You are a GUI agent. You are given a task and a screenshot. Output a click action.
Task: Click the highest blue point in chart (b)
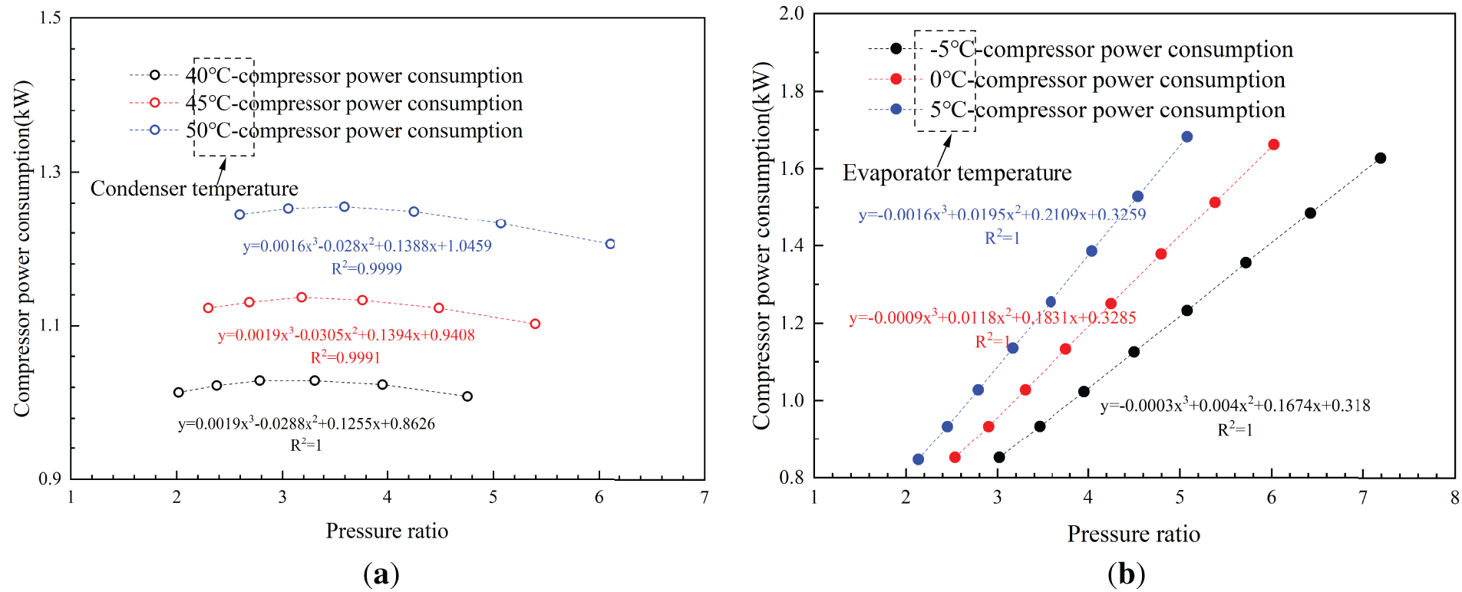pyautogui.click(x=1186, y=136)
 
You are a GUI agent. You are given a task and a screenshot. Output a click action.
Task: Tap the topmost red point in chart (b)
pyautogui.click(x=1273, y=144)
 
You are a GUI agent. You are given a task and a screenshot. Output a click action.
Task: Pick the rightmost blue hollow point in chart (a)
pyautogui.click(x=610, y=244)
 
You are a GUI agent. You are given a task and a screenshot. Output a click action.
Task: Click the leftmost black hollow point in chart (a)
pyautogui.click(x=179, y=392)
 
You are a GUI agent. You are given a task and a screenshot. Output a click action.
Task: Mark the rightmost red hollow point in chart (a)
pyautogui.click(x=535, y=324)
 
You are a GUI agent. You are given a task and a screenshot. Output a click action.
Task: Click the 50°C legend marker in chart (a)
pyautogui.click(x=154, y=130)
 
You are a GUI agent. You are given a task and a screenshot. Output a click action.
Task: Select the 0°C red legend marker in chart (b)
pyautogui.click(x=896, y=79)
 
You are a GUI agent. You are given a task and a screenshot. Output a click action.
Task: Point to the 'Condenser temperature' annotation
pyautogui.click(x=194, y=189)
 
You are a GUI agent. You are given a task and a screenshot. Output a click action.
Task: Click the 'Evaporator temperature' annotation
pyautogui.click(x=957, y=173)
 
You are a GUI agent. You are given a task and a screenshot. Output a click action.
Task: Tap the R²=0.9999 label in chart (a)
pyautogui.click(x=366, y=268)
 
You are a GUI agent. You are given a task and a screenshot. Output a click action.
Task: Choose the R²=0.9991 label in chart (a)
pyautogui.click(x=345, y=357)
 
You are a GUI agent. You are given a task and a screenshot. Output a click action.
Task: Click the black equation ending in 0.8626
pyautogui.click(x=306, y=423)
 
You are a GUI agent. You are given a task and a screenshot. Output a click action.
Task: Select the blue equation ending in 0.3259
pyautogui.click(x=1002, y=215)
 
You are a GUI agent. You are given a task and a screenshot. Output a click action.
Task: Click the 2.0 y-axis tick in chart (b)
pyautogui.click(x=791, y=14)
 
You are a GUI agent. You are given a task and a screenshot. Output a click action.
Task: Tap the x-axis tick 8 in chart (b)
pyautogui.click(x=1454, y=498)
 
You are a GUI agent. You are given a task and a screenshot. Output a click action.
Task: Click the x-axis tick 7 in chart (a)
pyautogui.click(x=705, y=498)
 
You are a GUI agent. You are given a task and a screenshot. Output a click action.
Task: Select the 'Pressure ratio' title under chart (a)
pyautogui.click(x=387, y=531)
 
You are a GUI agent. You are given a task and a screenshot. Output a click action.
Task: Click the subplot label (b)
pyautogui.click(x=1126, y=574)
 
